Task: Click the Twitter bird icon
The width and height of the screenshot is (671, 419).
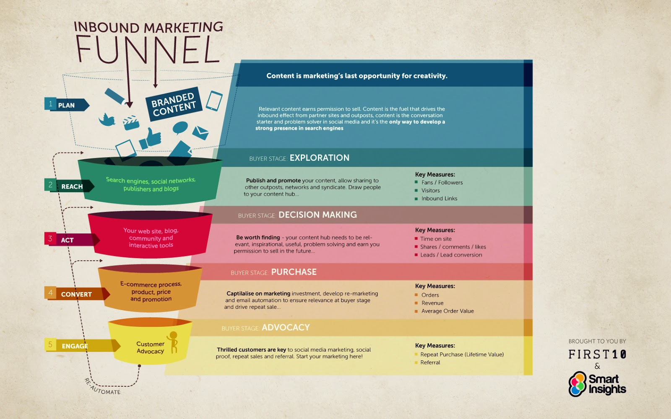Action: click(107, 119)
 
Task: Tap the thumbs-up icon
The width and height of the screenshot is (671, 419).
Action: click(151, 138)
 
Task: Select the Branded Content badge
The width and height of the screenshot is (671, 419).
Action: click(174, 104)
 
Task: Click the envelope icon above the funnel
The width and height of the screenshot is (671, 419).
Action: click(200, 132)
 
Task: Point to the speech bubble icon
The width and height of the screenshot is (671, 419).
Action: click(180, 128)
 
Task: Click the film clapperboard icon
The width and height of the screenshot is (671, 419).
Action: click(131, 123)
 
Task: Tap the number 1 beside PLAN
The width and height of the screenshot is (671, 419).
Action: click(50, 104)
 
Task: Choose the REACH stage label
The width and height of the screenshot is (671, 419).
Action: click(72, 186)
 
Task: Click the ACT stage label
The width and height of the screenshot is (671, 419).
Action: click(67, 240)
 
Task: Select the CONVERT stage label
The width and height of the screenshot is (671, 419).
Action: click(76, 294)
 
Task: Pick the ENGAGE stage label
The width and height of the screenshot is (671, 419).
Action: click(75, 346)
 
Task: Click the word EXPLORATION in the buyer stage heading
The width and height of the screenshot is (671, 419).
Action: click(320, 158)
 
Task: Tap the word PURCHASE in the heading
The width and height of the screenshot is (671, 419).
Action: click(294, 272)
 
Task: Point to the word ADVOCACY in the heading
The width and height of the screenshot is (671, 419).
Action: click(286, 327)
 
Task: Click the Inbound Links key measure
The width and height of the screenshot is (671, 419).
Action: click(439, 199)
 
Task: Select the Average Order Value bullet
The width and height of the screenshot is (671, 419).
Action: click(447, 311)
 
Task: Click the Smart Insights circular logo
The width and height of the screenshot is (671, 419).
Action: click(577, 384)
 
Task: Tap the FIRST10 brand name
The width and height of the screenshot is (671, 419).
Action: click(597, 354)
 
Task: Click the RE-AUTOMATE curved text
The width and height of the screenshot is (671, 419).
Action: click(102, 388)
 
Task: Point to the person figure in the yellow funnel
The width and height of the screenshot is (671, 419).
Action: click(173, 342)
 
